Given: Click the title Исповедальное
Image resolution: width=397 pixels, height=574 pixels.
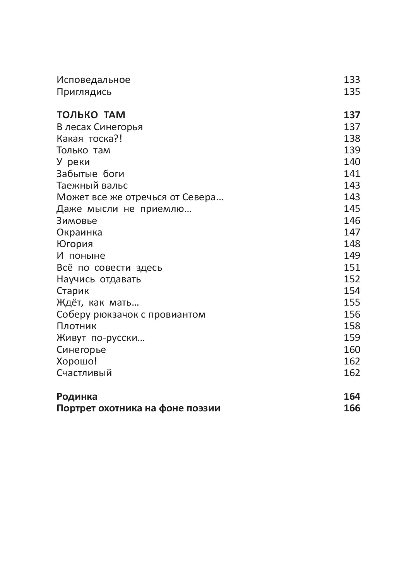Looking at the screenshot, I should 93,80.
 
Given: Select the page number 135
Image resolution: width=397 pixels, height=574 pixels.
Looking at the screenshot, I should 352,92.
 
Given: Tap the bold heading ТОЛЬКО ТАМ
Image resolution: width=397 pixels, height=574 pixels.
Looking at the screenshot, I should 91,115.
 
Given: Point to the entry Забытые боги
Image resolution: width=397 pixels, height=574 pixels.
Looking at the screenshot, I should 90,174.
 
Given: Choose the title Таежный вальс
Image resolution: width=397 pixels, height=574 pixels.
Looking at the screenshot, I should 92,186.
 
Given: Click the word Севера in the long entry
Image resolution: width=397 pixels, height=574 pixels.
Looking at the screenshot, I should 209,197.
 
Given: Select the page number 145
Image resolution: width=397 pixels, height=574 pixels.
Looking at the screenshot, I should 352,209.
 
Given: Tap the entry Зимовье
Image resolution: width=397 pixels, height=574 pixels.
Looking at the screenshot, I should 77,221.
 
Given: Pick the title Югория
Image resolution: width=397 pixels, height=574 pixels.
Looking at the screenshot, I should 75,244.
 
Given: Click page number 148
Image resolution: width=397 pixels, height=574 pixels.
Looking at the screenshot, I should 352,244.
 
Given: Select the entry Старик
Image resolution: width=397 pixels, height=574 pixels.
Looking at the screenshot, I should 73,291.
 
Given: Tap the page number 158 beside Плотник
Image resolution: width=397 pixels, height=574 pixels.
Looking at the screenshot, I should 352,326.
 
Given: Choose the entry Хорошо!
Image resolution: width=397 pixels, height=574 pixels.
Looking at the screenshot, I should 77,361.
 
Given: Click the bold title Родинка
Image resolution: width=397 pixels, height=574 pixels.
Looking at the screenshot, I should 77,397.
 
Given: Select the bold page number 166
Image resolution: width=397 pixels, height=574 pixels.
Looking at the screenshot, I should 352,408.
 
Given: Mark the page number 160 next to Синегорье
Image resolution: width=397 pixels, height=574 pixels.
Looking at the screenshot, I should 352,350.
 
